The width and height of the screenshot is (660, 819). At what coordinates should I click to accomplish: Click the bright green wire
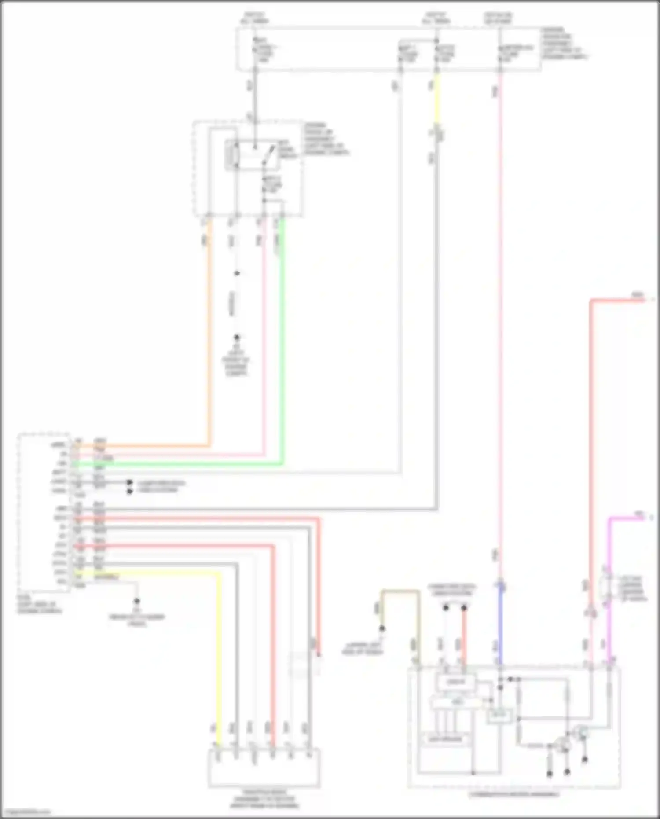point(282,352)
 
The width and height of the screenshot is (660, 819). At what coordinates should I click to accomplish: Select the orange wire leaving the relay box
point(209,352)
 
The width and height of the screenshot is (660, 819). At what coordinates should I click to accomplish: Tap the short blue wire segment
point(500,625)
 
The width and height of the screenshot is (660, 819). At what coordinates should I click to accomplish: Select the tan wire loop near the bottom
point(400,591)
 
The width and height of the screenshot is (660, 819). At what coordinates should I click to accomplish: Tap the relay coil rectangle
point(231,155)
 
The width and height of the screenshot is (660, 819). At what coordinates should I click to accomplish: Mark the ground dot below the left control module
point(137,601)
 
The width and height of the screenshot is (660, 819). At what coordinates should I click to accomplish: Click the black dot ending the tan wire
point(382,628)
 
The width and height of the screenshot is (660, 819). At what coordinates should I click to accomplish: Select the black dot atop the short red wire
point(464,608)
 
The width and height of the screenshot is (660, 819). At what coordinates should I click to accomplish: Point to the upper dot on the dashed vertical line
point(237,273)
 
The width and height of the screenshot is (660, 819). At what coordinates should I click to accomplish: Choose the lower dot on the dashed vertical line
point(237,337)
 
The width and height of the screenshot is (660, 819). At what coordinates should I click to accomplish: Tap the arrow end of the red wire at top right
point(651,300)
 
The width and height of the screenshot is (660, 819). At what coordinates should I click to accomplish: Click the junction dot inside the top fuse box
point(436,41)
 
